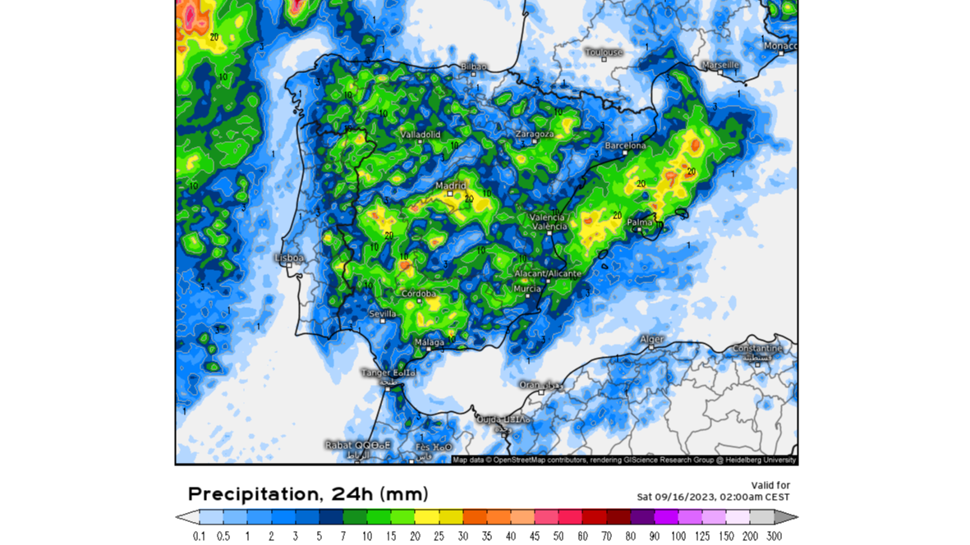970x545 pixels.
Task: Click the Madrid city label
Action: click(450, 185)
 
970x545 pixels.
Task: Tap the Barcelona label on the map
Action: click(625, 146)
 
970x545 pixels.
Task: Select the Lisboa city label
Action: click(289, 258)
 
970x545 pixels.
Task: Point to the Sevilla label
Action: click(383, 314)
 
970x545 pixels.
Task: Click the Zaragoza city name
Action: click(535, 134)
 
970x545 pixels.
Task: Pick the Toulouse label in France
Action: click(604, 53)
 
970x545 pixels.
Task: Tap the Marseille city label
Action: click(720, 65)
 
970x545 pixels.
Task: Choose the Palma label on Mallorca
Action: click(640, 222)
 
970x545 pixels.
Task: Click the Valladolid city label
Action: click(421, 134)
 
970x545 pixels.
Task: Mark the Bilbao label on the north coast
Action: click(474, 66)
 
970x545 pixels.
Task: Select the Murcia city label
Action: click(527, 289)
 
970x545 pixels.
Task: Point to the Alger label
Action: click(651, 339)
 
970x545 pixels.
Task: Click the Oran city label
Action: click(530, 384)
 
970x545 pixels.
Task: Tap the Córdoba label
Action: click(419, 294)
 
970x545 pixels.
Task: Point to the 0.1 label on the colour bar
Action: click(199, 536)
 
